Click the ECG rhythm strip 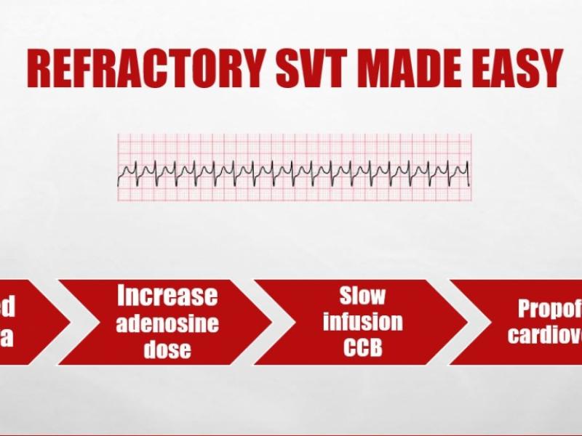tap(293, 168)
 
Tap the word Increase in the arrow tap(167, 296)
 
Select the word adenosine tap(167, 322)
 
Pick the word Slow tap(362, 296)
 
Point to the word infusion tap(362, 321)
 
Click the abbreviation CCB tap(362, 347)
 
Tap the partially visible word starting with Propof tap(549, 309)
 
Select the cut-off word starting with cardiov tap(546, 335)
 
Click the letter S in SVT tap(285, 69)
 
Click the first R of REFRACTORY tap(39, 69)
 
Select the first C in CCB tap(348, 347)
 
